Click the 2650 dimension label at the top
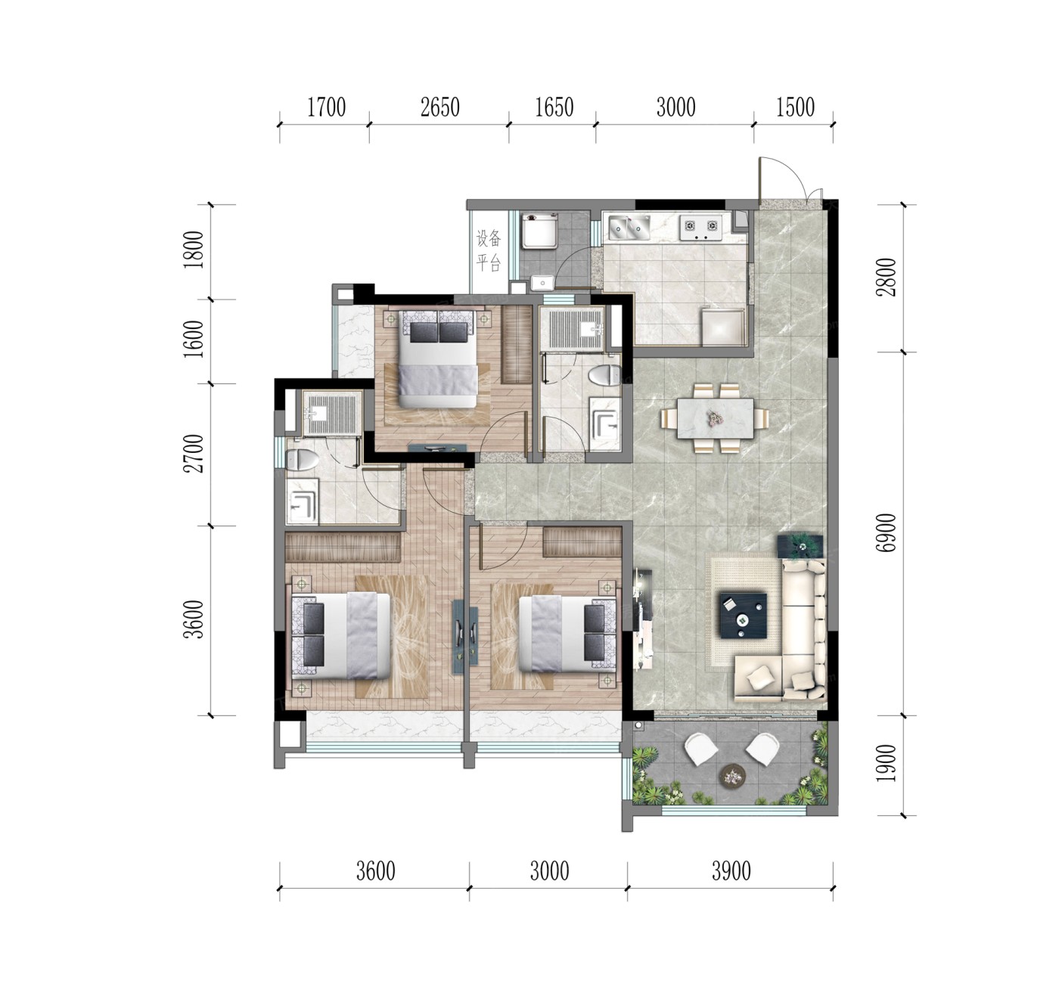point(440,107)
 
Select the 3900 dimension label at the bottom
point(731,871)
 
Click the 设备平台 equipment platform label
point(489,250)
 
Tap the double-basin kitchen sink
point(629,227)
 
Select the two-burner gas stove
point(700,227)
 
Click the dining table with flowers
point(715,417)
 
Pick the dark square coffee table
point(744,615)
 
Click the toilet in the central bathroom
point(606,375)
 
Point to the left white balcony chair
point(701,749)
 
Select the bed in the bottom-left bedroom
point(340,636)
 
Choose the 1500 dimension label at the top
point(795,107)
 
